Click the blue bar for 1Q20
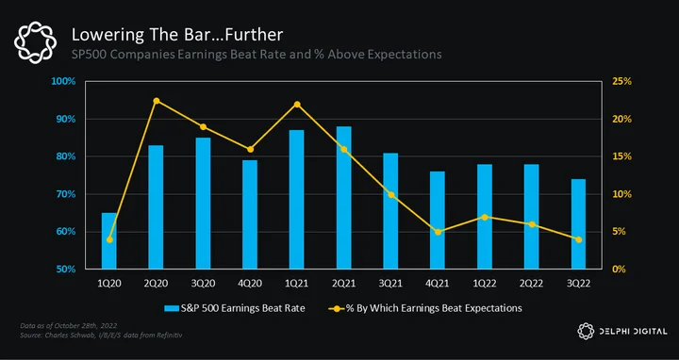[x=109, y=240]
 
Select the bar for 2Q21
[x=344, y=198]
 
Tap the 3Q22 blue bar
[x=578, y=224]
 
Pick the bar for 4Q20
[x=250, y=215]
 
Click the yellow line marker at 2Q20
[x=157, y=101]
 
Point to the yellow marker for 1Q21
[x=297, y=105]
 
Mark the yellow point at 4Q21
[x=438, y=232]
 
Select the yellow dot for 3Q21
[x=391, y=195]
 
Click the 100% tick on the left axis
[x=63, y=81]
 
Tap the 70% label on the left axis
[x=65, y=194]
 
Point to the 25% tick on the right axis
[x=621, y=81]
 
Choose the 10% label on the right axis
[x=621, y=194]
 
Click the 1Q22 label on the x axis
[x=485, y=284]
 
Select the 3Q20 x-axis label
[x=203, y=284]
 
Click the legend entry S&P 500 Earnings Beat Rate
[x=234, y=308]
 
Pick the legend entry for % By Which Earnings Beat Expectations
[x=425, y=308]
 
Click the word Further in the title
[x=255, y=35]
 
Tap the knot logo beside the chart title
[x=36, y=42]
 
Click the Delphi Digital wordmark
[x=622, y=332]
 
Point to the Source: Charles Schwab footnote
[x=101, y=335]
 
